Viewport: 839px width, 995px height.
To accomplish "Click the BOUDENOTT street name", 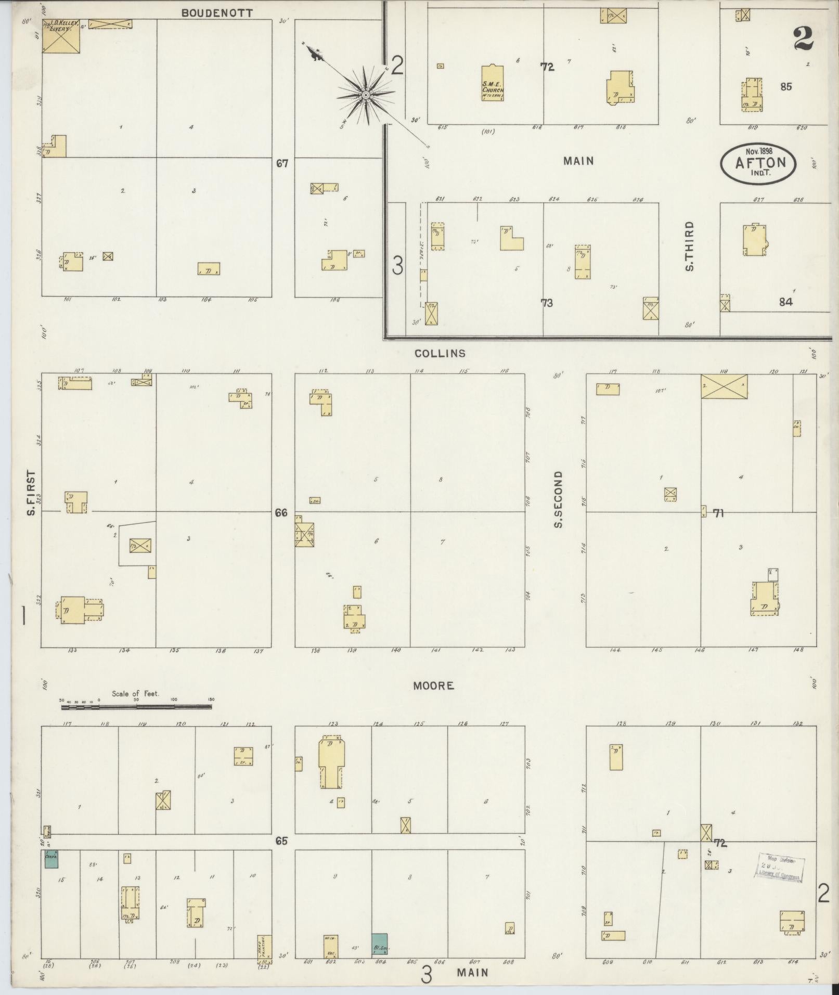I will (x=217, y=13).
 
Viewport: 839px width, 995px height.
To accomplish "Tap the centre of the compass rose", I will (x=366, y=95).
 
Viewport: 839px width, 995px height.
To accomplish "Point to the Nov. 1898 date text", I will (x=758, y=151).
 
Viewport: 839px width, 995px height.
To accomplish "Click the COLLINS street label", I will (x=440, y=354).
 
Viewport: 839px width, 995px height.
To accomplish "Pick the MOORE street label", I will (x=433, y=686).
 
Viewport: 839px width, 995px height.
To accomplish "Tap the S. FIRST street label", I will (x=32, y=493).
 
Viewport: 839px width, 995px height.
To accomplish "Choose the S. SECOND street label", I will (x=559, y=499).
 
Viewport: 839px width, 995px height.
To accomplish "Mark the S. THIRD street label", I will (x=690, y=247).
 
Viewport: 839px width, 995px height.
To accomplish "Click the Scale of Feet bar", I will (x=136, y=707).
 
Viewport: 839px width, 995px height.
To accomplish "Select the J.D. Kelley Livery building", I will (x=61, y=36).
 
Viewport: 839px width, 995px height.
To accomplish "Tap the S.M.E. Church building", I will (x=492, y=83).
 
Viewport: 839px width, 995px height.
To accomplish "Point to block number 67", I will (x=282, y=164).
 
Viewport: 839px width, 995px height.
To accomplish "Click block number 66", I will (x=281, y=513).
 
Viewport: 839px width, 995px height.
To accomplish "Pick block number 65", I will (x=281, y=841).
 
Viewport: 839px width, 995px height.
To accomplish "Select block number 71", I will (x=718, y=514).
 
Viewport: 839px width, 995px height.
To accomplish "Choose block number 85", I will (x=785, y=87).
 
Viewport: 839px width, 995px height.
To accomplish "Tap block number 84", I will (x=785, y=302).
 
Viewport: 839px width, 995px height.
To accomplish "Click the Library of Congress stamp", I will (x=780, y=868).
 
